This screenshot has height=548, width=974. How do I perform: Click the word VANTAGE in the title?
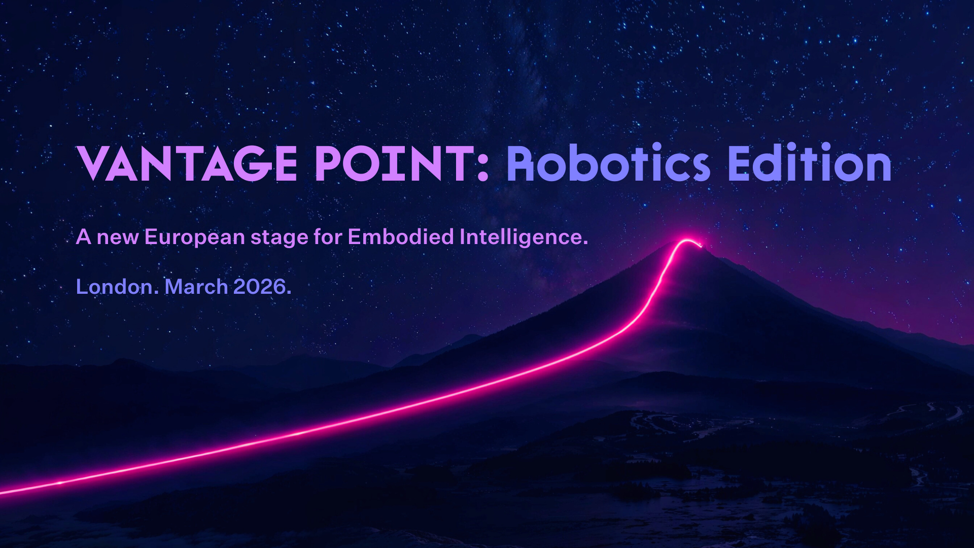tap(187, 163)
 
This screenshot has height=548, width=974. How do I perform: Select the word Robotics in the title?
tap(608, 163)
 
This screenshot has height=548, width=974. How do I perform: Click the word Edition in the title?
tap(810, 163)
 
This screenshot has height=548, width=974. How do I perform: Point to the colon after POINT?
tap(483, 168)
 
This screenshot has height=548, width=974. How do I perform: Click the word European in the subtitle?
tap(195, 237)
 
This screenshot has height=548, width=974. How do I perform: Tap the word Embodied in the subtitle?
tap(401, 237)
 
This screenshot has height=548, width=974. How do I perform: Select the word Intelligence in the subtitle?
tap(524, 237)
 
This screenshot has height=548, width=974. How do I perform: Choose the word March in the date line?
tap(196, 287)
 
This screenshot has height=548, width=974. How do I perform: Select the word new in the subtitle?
tap(118, 238)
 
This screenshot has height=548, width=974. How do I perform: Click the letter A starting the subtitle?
tap(84, 237)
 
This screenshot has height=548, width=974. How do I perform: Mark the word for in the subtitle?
tap(328, 237)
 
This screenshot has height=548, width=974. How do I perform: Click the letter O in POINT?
tap(360, 164)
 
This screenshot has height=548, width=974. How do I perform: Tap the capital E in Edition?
tap(741, 163)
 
